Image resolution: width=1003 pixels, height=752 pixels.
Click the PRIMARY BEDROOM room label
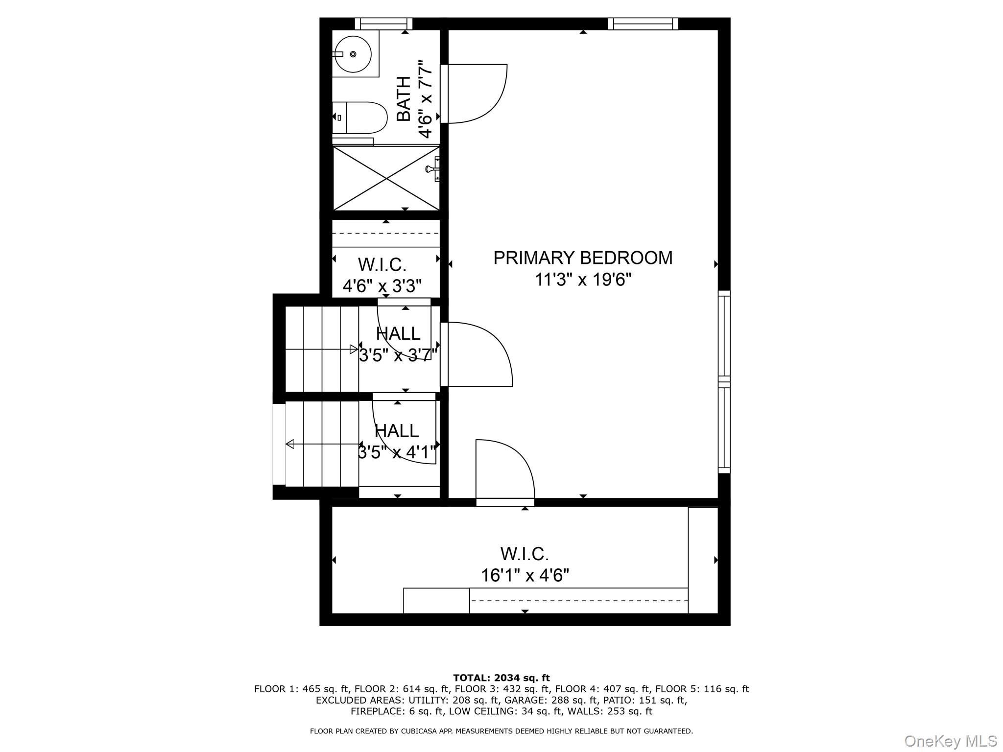(583, 258)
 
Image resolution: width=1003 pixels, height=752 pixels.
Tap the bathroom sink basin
(353, 54)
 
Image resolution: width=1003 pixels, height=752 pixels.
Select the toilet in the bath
(360, 117)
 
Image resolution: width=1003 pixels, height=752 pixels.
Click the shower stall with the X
(386, 178)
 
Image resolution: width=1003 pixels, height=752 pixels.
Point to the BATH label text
(404, 98)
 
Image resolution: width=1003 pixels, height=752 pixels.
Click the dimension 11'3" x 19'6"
(583, 280)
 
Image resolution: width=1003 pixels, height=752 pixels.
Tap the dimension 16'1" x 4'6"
(525, 575)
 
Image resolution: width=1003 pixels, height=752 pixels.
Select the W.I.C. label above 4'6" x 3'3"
(382, 265)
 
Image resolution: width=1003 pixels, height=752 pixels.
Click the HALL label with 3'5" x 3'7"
(398, 334)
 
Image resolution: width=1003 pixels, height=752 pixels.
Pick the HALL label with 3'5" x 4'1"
(397, 431)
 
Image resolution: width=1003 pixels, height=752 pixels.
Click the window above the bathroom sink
(383, 23)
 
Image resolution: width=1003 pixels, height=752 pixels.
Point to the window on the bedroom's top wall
(643, 23)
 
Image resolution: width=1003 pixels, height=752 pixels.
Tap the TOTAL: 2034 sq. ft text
(501, 678)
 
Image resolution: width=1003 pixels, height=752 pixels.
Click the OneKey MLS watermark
(951, 741)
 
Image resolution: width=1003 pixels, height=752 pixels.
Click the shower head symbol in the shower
(433, 169)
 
